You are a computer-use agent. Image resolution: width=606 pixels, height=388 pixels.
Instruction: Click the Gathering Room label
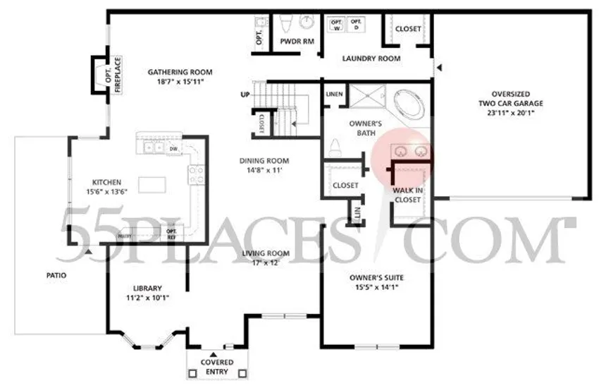180,72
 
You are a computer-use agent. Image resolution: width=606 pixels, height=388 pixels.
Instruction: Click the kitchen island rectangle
154,185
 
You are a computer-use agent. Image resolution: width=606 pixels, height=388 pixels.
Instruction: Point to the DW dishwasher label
173,148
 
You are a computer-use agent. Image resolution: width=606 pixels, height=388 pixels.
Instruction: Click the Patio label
54,275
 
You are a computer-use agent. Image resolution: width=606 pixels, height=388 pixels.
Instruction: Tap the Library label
147,288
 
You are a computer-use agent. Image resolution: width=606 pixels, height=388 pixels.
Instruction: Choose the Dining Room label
264,161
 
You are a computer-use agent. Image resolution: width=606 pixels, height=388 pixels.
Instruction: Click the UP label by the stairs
245,95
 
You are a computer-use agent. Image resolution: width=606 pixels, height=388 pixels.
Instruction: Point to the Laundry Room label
371,59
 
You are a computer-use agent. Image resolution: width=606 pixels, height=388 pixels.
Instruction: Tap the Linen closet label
334,95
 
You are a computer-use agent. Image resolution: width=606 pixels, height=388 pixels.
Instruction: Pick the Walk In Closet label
407,195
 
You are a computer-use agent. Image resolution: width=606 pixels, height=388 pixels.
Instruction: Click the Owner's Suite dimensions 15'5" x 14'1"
379,288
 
